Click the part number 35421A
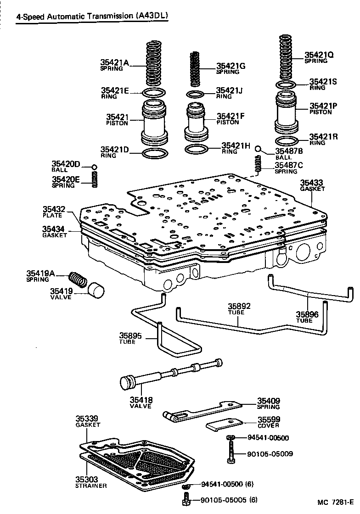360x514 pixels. (x=115, y=62)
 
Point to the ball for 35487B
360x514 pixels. (x=259, y=149)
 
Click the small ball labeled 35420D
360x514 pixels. (x=94, y=167)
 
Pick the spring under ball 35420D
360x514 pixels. (x=95, y=179)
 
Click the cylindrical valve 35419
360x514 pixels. (x=96, y=291)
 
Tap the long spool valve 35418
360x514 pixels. (x=170, y=373)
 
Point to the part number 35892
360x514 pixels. (x=239, y=306)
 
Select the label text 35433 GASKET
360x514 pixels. (x=312, y=185)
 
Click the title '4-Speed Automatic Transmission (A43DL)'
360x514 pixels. (x=92, y=17)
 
